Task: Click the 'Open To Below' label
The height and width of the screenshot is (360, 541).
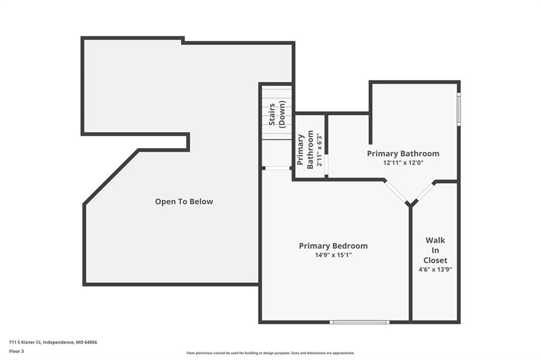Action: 184,202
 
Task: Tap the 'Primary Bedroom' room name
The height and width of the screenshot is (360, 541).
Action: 333,246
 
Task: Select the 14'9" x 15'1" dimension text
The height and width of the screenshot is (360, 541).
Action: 333,255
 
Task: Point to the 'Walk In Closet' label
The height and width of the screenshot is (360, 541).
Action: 435,250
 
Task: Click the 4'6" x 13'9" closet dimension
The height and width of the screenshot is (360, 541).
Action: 435,270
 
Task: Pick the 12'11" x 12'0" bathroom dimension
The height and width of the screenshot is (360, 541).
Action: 403,163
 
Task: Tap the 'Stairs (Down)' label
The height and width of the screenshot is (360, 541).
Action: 277,115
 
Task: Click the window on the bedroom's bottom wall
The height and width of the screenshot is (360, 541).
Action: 359,322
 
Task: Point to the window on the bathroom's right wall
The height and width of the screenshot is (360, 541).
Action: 459,109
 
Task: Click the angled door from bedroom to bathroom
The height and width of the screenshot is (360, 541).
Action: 396,192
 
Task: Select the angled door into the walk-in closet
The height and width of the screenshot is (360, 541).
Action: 424,192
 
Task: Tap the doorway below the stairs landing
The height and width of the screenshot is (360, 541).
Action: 278,168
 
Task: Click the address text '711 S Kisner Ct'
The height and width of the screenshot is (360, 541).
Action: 25,343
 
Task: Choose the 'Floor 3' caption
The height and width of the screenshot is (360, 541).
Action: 16,352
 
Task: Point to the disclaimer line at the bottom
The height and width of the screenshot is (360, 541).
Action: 270,353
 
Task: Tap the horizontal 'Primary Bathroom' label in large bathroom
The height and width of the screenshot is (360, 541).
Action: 403,154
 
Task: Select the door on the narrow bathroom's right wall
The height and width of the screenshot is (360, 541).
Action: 327,166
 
